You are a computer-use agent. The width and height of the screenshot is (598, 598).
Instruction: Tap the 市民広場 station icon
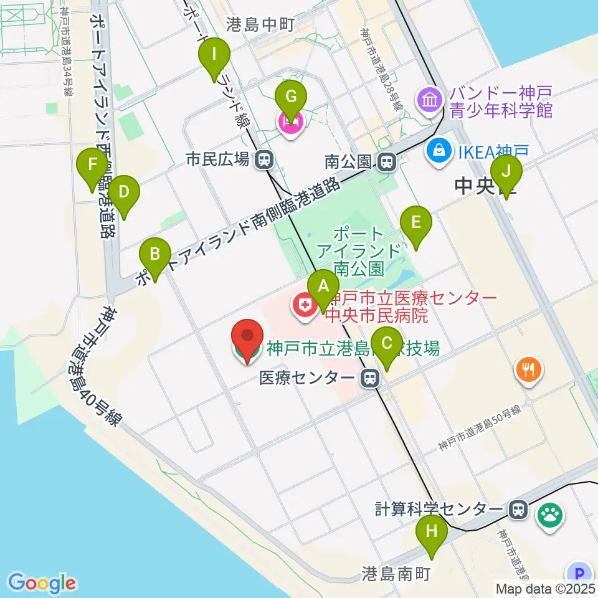[x=265, y=160]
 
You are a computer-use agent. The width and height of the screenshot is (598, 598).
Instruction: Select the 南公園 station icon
[x=387, y=163]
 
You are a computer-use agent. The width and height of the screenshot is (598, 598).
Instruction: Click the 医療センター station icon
[x=371, y=377]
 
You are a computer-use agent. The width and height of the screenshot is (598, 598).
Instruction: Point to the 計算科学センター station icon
[x=517, y=510]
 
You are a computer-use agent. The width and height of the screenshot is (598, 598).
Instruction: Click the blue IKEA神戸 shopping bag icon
[x=440, y=150]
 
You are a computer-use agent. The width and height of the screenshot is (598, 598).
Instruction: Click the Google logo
[x=42, y=583]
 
